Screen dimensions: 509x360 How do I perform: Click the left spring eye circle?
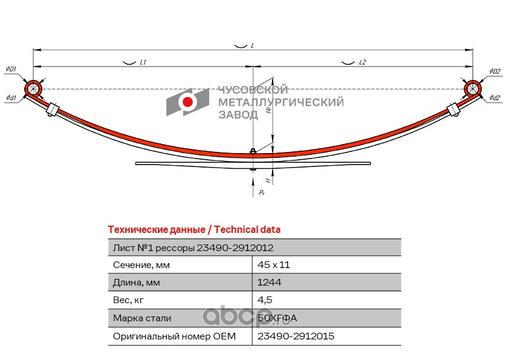(33, 90)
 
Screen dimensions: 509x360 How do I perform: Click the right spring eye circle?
(473, 89)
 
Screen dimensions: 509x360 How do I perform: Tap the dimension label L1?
(143, 62)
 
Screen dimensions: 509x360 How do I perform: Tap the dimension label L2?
(363, 62)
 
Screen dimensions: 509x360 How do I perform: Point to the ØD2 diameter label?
(494, 71)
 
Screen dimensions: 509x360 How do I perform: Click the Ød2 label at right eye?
(494, 98)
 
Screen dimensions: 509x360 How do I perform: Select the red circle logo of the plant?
(188, 102)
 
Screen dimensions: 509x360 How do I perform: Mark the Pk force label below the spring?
(261, 192)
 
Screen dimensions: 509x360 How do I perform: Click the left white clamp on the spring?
(53, 111)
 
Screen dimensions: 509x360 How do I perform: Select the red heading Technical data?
(193, 229)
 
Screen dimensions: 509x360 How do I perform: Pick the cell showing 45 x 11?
(278, 265)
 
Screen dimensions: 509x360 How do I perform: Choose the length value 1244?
(270, 283)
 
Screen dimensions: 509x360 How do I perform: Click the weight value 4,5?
(264, 300)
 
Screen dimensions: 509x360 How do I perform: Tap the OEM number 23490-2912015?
(296, 336)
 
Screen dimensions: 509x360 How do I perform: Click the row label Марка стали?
(142, 318)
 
